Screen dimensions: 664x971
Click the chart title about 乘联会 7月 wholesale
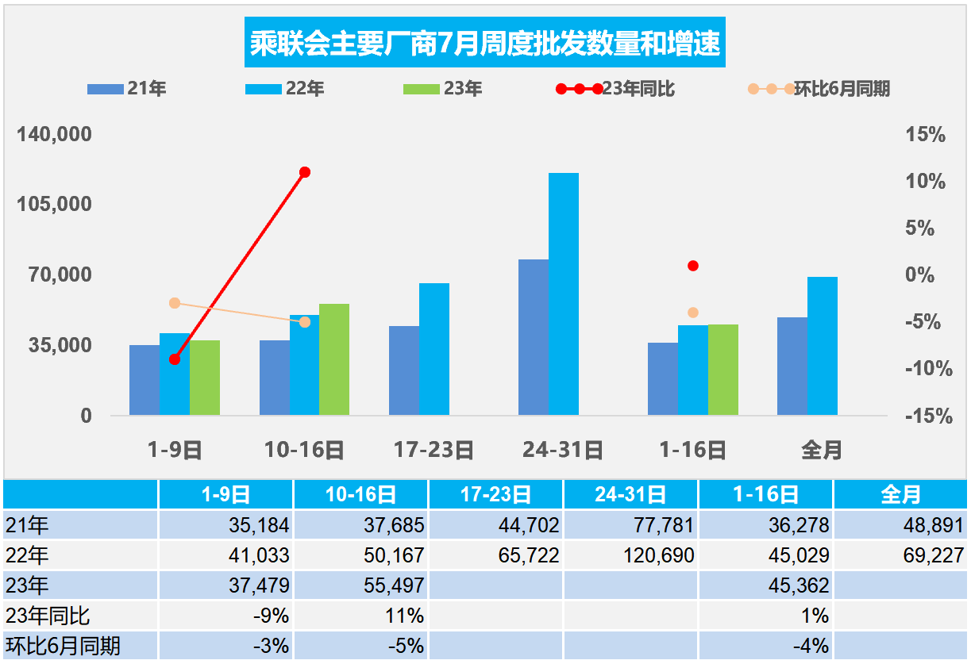[485, 44]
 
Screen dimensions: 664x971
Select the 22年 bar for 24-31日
[564, 294]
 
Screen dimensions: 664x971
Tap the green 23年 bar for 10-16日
[334, 359]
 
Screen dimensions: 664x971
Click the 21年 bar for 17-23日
[403, 370]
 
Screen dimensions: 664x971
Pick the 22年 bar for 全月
[823, 345]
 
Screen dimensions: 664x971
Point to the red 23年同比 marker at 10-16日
[305, 172]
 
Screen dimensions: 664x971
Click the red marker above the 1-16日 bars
[693, 266]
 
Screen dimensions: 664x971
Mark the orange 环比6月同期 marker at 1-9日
[175, 303]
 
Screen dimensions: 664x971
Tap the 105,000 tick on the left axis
[55, 205]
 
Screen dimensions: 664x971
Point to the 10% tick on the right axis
[926, 182]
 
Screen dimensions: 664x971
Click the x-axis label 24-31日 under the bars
[563, 451]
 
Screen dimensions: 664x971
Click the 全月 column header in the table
[901, 495]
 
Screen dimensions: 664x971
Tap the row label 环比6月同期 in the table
[63, 646]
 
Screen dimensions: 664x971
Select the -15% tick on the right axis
[926, 416]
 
